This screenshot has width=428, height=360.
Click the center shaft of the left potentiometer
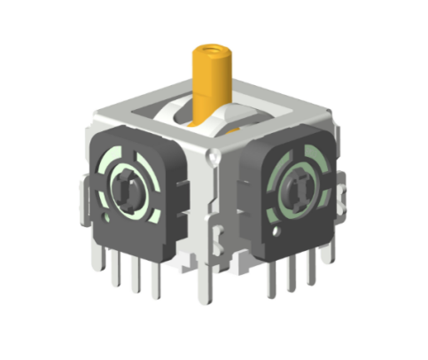[x=128, y=184]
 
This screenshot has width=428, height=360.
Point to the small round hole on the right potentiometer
[x=277, y=232]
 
